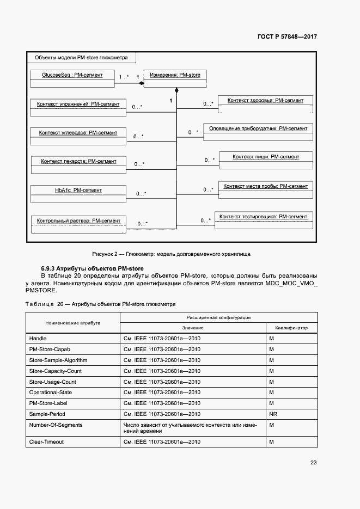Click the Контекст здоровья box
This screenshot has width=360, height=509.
[x=265, y=104]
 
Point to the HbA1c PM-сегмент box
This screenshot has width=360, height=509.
[x=78, y=194]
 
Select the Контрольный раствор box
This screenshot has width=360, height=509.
[x=78, y=224]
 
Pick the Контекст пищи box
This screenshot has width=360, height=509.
[x=266, y=161]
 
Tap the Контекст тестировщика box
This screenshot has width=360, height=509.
[x=264, y=220]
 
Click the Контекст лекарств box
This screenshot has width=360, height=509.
[x=78, y=165]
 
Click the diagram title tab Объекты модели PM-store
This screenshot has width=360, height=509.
[x=81, y=58]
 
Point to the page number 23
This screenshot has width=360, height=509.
[x=313, y=463]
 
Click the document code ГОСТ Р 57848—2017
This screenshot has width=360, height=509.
[x=287, y=36]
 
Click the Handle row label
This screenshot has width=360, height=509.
[x=38, y=339]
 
